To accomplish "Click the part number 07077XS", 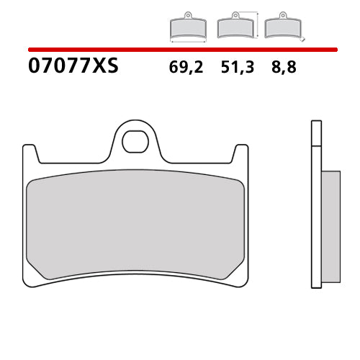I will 73,68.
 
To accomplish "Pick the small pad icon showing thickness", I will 282,28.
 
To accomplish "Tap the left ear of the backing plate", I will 29,153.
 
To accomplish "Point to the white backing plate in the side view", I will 315,216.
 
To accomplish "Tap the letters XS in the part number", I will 105,68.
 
